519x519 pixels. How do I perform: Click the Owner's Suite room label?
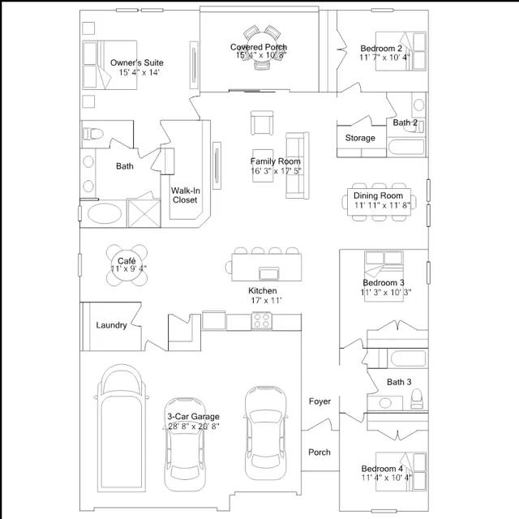pos(137,62)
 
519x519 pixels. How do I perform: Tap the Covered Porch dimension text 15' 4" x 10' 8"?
pos(261,55)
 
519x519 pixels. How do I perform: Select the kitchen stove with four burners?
pos(261,321)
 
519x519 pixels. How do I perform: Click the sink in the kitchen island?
pos(268,273)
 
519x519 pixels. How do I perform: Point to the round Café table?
pos(127,265)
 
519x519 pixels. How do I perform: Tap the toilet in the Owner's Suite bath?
pos(92,134)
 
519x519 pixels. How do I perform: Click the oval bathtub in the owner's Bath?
pos(105,214)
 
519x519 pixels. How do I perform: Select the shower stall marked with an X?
pos(144,213)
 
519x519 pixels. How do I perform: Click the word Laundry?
pos(112,325)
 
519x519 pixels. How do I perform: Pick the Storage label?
pos(360,138)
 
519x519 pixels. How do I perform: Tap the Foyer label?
pos(320,401)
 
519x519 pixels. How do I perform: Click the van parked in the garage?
pos(122,428)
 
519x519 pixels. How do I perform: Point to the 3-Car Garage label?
pos(193,416)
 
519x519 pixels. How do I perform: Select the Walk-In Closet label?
pos(185,195)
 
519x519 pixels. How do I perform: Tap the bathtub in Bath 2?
pos(406,147)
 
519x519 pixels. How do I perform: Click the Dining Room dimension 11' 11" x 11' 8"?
pos(382,205)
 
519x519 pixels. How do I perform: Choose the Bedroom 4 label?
pos(382,469)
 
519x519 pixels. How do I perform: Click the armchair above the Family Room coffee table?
pos(262,122)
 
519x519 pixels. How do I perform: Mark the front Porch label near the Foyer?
pos(320,453)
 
